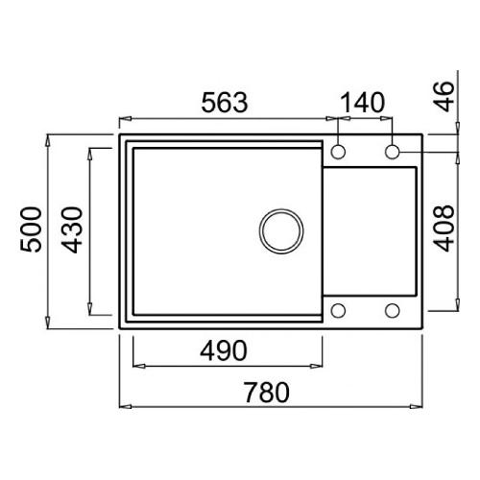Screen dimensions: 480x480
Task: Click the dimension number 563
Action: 225,103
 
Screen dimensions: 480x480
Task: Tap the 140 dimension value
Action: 362,103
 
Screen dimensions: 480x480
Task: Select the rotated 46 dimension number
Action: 444,96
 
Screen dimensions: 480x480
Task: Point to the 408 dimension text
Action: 444,228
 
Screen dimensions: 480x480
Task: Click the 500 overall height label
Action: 31,229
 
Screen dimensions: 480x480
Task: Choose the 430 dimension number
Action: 72,229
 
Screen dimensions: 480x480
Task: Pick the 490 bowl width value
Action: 224,350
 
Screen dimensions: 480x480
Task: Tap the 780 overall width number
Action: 267,393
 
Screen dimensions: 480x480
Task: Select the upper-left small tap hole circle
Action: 338,152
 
